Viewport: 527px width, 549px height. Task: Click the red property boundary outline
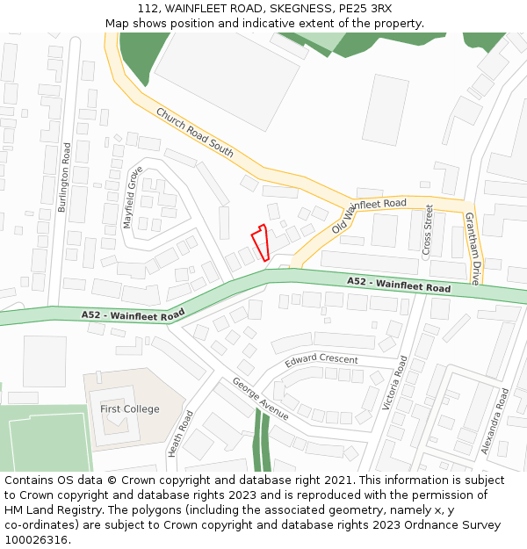point(259,242)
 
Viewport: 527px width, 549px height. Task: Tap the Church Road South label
point(195,133)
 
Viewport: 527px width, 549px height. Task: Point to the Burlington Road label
point(64,177)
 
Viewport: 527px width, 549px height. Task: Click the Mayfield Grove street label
point(133,198)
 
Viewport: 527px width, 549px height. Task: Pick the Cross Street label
point(429,229)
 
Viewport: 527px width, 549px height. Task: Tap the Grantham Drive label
point(473,249)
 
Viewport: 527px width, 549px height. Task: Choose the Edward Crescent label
point(321,360)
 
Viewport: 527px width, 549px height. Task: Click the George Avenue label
point(260,399)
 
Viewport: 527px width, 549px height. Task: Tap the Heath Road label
point(180,434)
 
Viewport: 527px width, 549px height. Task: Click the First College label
point(130,409)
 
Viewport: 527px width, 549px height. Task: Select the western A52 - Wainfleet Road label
point(133,314)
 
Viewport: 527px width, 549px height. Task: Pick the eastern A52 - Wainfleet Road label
point(398,285)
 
